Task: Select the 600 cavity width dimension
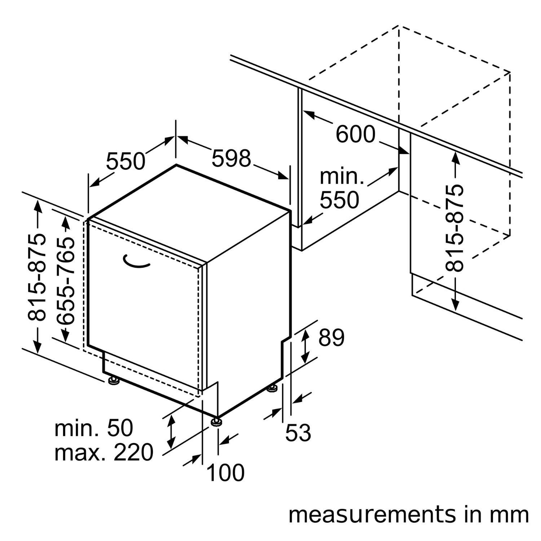[x=355, y=134]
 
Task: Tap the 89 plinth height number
[x=331, y=338]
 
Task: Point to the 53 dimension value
[x=298, y=432]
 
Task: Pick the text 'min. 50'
[x=94, y=428]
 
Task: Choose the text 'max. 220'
[x=104, y=453]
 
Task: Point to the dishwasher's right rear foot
[x=272, y=389]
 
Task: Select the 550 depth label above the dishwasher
[x=125, y=161]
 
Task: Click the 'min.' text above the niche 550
[x=341, y=176]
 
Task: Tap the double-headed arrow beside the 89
[x=305, y=346]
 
